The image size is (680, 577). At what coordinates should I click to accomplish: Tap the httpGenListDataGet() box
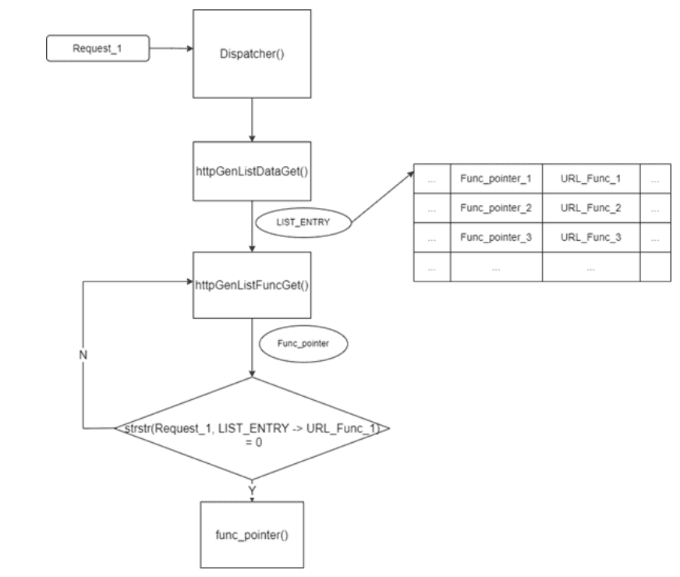coord(252,171)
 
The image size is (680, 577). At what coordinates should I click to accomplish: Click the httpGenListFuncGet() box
coord(252,285)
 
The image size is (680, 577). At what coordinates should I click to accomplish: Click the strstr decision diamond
coord(251,429)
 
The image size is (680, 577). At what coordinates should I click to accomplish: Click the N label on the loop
coord(83,354)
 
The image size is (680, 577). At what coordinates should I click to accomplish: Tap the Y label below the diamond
coord(252,489)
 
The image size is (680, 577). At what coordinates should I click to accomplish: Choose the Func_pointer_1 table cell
coord(496,179)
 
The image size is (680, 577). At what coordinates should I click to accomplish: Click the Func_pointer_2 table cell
coord(496,208)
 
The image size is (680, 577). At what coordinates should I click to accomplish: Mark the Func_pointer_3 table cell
coord(496,237)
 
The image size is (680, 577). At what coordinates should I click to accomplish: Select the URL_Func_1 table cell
coord(590,179)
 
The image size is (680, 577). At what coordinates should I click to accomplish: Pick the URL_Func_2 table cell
coord(590,208)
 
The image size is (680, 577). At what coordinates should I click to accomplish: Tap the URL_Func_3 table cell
coord(590,237)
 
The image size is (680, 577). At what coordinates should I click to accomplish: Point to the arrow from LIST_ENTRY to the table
coord(382,197)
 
